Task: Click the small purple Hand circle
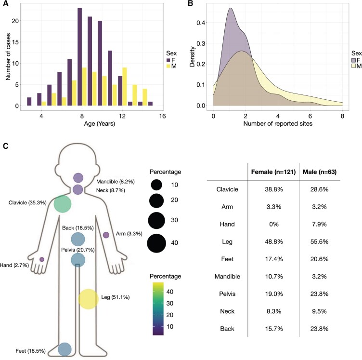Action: click(x=42, y=259)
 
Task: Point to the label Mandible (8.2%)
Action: click(x=116, y=182)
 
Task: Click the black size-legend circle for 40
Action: click(x=156, y=243)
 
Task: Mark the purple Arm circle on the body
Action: click(x=106, y=235)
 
